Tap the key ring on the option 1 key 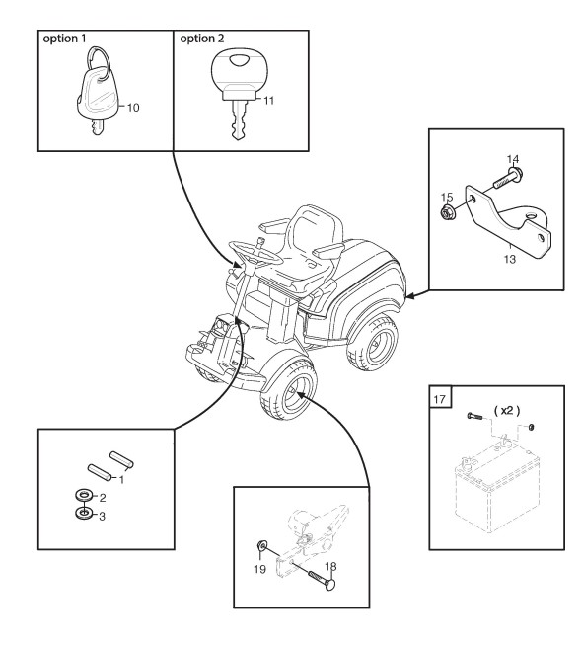99,58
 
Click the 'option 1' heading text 65,39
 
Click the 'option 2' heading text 202,39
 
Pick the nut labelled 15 447,212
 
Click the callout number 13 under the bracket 510,259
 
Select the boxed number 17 440,399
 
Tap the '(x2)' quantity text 507,411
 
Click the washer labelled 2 84,495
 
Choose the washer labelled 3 84,514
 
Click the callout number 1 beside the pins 121,480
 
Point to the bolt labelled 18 322,578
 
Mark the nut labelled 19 261,545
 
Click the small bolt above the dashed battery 474,416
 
